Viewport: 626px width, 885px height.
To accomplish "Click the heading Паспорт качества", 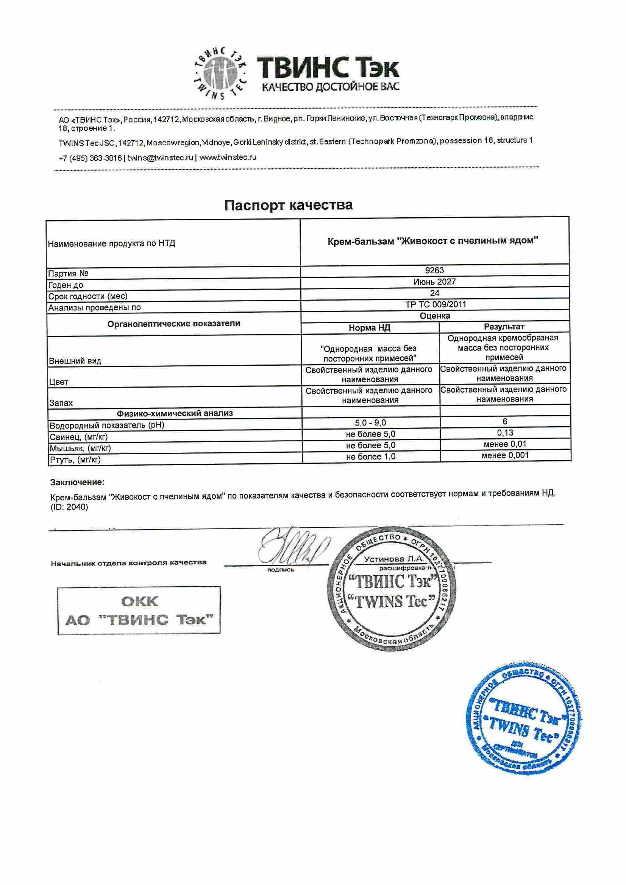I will (x=289, y=205).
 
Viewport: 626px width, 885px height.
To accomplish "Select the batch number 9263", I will (x=434, y=271).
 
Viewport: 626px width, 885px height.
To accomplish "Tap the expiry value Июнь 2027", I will (x=434, y=282).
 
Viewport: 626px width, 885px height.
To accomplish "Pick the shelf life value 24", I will (x=434, y=293).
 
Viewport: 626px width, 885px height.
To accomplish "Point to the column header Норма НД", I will (x=369, y=328).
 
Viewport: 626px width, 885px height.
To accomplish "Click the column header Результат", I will (x=504, y=327).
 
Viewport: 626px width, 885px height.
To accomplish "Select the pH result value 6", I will (x=505, y=422).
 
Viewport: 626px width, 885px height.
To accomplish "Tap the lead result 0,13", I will (x=505, y=433).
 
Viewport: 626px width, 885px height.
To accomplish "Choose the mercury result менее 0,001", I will (x=505, y=456).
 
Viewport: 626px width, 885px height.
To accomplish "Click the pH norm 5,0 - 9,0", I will (x=370, y=423).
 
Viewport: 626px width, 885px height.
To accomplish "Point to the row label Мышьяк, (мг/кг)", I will (x=80, y=449).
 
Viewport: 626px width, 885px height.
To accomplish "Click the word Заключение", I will (x=77, y=483).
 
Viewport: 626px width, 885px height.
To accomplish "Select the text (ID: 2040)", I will (x=69, y=507).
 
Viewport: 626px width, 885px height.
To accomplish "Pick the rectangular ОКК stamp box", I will (x=139, y=611).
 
